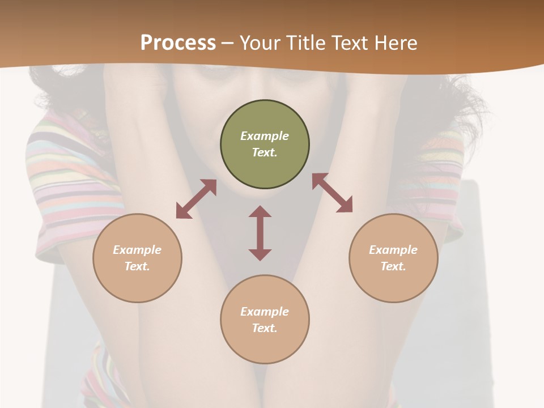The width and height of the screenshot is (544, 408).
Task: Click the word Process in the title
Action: tap(178, 43)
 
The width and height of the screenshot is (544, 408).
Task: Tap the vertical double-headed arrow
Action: tap(260, 233)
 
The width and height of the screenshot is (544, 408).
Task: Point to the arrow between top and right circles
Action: tap(333, 193)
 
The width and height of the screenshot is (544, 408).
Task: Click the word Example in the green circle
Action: tap(265, 136)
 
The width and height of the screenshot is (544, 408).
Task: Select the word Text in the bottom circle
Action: tap(265, 328)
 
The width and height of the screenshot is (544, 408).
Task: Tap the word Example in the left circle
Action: tap(137, 250)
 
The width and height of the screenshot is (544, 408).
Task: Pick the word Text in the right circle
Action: tap(393, 266)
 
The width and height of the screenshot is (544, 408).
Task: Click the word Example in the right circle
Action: tap(393, 250)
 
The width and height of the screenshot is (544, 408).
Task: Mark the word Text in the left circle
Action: tap(137, 266)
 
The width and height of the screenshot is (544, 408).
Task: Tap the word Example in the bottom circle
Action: tap(265, 312)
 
